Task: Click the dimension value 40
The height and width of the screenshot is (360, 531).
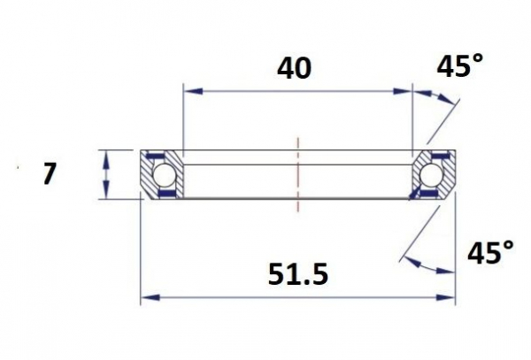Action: (x=294, y=69)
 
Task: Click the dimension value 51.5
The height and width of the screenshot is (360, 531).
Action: (x=298, y=274)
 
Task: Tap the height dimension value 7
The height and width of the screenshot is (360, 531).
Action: (x=49, y=174)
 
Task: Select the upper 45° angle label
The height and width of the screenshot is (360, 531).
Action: (x=459, y=65)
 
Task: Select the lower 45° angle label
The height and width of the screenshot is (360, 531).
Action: (x=490, y=252)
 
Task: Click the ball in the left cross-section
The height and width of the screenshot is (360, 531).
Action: (x=165, y=175)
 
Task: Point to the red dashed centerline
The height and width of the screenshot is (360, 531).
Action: (x=298, y=174)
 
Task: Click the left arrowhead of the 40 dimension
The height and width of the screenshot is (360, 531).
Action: (x=193, y=91)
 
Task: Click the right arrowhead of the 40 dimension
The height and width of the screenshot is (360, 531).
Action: (x=403, y=91)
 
